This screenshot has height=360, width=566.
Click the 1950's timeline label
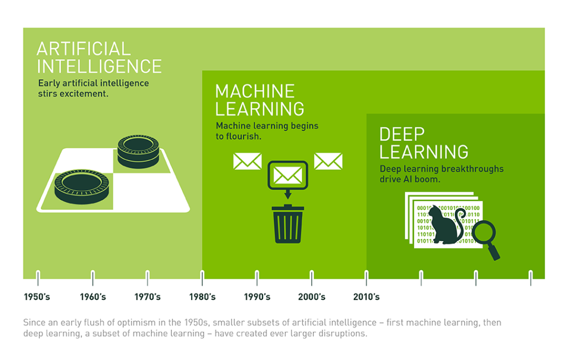[x=37, y=297]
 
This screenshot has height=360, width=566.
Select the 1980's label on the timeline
[x=202, y=297]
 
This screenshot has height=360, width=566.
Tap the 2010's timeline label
[x=366, y=297]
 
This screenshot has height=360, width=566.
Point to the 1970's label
[x=148, y=297]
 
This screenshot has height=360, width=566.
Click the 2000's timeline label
[x=312, y=297]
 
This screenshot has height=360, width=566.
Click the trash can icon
[x=287, y=224]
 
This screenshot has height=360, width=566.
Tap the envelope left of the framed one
[x=247, y=161]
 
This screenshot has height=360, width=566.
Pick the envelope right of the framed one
[x=328, y=161]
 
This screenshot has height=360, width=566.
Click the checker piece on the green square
[x=138, y=150]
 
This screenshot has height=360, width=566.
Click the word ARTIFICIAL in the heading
[x=83, y=49]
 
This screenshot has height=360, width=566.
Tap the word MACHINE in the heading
[x=255, y=91]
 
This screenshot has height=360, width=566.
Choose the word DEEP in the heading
[x=402, y=134]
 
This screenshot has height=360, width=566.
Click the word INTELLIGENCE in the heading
[x=99, y=66]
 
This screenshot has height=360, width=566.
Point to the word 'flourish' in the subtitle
[x=244, y=136]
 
